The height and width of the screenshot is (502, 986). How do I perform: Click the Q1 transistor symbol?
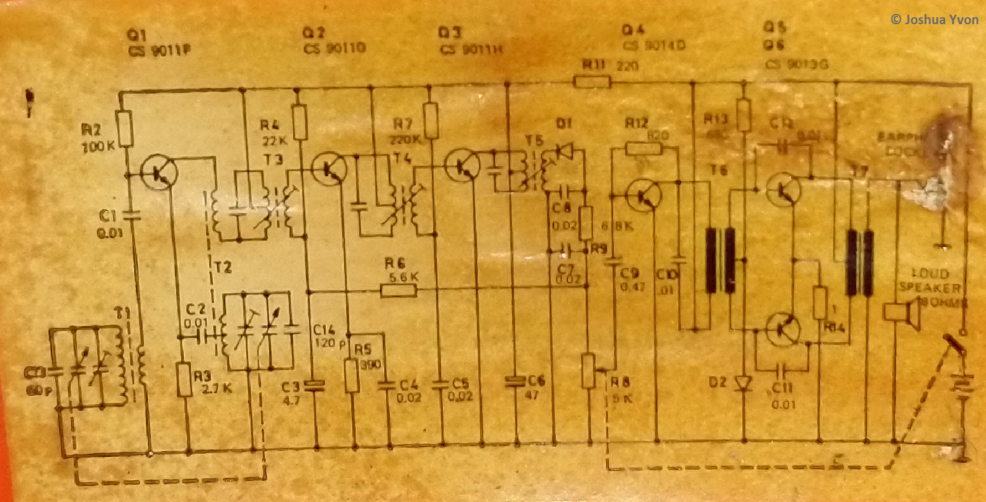click(x=157, y=172)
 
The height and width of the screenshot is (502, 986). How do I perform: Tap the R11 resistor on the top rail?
click(x=592, y=81)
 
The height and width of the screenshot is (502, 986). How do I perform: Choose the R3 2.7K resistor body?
click(x=184, y=380)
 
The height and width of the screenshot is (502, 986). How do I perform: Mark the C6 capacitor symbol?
click(x=516, y=381)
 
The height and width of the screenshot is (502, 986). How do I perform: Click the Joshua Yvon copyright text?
click(x=934, y=20)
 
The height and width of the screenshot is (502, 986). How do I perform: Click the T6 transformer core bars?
click(x=720, y=260)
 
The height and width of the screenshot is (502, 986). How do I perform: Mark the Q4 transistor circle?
click(x=643, y=194)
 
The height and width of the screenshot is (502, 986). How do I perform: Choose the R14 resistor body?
click(x=820, y=303)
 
